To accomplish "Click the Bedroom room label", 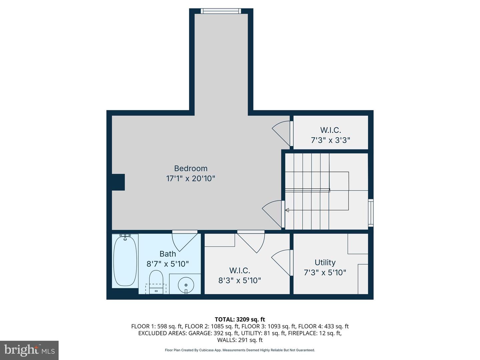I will pos(191,168).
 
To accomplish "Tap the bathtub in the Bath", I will pos(125,261).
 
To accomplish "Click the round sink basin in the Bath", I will pos(186,285).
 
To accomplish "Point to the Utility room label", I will pos(325,262).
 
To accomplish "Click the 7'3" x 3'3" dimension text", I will pos(330,140).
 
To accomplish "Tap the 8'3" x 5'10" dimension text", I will pos(239,280).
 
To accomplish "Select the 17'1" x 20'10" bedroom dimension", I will pos(191,178).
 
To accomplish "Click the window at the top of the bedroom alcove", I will pos(221,11).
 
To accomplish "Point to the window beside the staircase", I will pos(371,213).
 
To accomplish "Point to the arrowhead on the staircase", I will pos(287,210).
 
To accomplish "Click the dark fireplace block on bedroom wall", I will pos(118,182).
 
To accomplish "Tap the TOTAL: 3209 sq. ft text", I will pos(240,319).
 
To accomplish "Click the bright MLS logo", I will pos(29,350).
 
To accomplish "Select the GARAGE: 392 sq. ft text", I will pos(213,333).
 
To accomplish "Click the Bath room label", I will pos(168,254).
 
